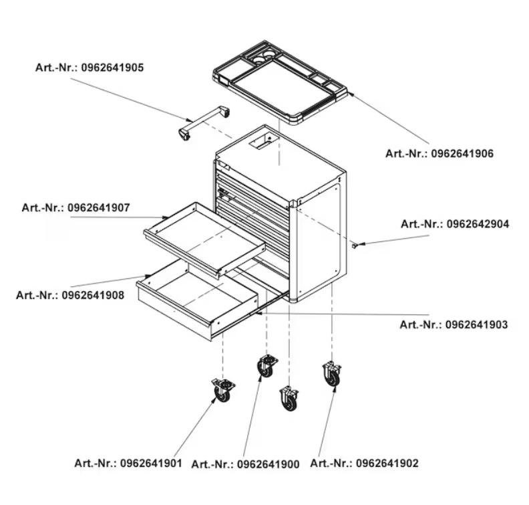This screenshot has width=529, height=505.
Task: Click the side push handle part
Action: (204, 122)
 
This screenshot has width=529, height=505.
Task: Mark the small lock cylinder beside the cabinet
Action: (354, 245)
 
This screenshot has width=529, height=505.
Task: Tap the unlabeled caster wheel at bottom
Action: (289, 399)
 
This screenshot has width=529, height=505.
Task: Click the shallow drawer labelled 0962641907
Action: (205, 239)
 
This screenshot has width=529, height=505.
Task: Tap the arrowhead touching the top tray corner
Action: (351, 94)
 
